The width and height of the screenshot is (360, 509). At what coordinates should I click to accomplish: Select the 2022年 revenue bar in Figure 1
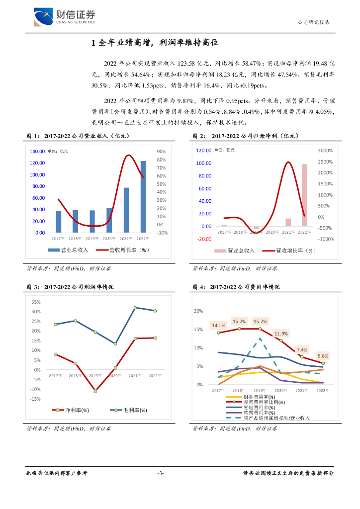pyautogui.click(x=143, y=196)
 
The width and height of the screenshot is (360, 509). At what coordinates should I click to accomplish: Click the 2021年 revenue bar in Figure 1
pyautogui.click(x=126, y=210)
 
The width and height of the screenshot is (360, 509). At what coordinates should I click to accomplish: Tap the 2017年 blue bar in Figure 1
pyautogui.click(x=59, y=221)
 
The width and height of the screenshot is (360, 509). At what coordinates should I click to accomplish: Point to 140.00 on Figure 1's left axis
pyautogui.click(x=37, y=152)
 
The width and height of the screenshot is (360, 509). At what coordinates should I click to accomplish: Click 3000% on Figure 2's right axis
pyautogui.click(x=325, y=150)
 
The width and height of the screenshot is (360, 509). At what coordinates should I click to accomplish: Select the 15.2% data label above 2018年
pyautogui.click(x=239, y=321)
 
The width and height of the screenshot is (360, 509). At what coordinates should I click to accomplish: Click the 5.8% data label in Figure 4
pyautogui.click(x=323, y=356)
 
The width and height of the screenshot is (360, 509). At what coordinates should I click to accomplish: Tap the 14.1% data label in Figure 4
pyautogui.click(x=218, y=326)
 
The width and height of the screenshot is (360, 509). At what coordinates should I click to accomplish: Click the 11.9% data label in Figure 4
pyautogui.click(x=281, y=333)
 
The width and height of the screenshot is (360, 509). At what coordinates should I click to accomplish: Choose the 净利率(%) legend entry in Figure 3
pyautogui.click(x=71, y=410)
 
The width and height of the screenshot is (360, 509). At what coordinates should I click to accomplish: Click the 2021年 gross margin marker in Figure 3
pyautogui.click(x=135, y=308)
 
